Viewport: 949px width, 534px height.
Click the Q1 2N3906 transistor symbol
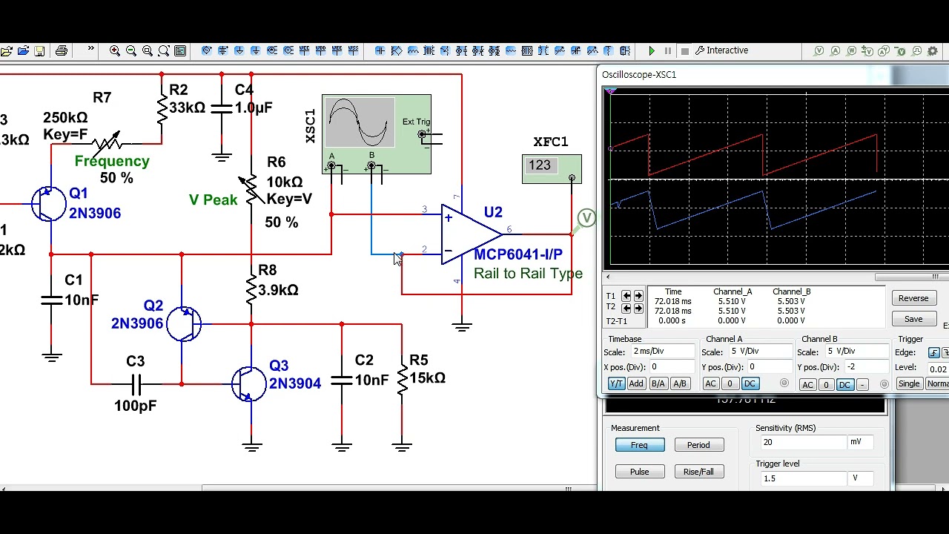49,204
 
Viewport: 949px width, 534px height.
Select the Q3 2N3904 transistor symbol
249,383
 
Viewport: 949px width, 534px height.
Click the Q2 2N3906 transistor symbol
184,324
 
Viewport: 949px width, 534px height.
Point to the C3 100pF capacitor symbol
136,384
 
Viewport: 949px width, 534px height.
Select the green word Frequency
112,161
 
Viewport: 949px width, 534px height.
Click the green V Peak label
213,200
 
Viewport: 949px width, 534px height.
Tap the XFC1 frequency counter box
551,168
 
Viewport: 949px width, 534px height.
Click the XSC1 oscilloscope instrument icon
376,134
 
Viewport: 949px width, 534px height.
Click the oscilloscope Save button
913,319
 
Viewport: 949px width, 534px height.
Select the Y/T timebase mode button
616,383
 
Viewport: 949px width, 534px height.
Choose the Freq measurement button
638,445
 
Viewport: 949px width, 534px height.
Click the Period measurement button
698,445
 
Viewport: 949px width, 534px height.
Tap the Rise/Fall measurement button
698,472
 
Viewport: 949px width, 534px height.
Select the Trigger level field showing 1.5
804,478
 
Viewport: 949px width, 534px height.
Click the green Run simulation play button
652,51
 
